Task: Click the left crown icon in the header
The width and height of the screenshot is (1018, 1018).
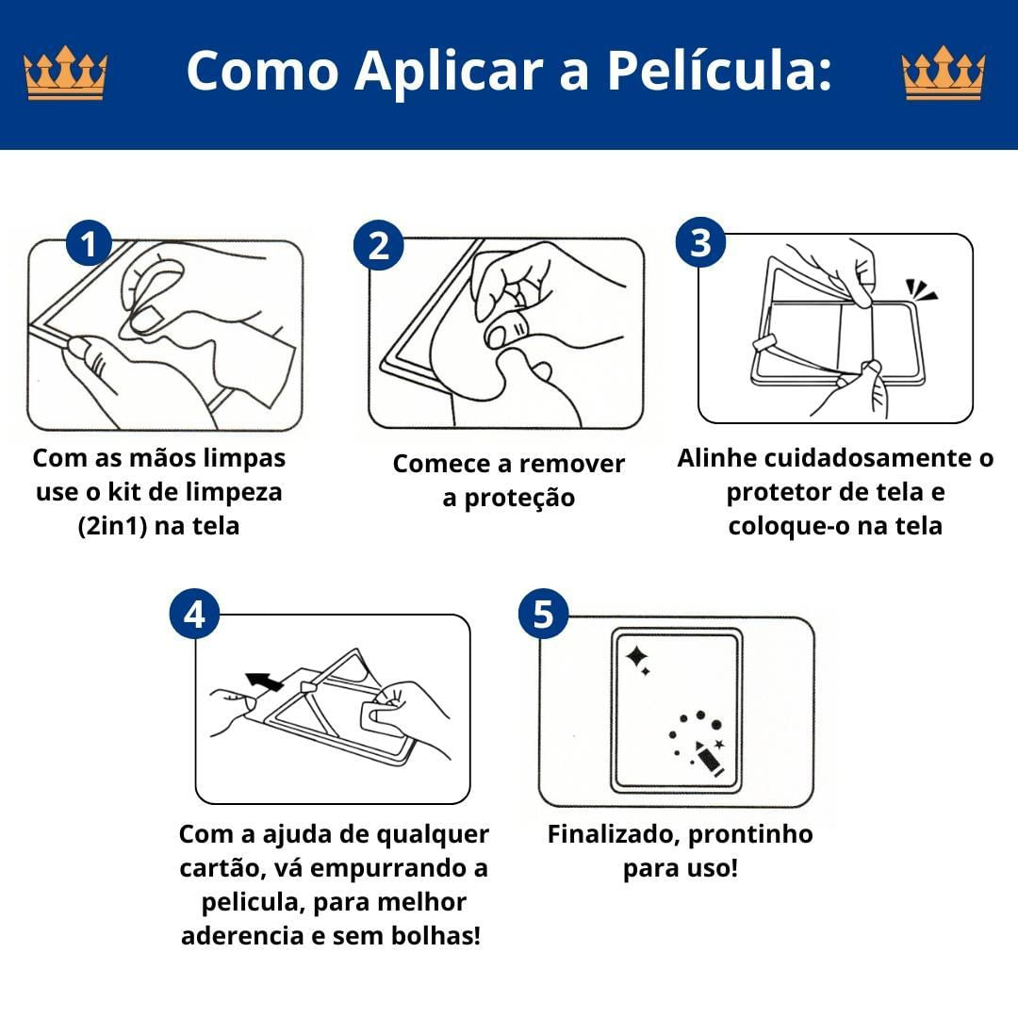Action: pos(65,73)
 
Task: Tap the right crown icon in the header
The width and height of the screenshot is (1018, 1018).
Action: pos(944,73)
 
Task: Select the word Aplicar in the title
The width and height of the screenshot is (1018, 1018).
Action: pos(449,72)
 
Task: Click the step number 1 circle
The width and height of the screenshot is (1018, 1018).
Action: pos(89,243)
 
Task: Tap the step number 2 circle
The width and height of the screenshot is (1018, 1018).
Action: pos(379,246)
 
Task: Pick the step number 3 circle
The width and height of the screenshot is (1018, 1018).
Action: pos(700,242)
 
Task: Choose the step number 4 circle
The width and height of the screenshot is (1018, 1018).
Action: pos(195,614)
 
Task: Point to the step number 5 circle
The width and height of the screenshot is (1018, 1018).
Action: pos(544,614)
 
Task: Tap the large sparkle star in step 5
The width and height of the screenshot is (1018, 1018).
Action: pos(636,657)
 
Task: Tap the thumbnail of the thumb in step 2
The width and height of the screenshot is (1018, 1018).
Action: pos(497,336)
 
